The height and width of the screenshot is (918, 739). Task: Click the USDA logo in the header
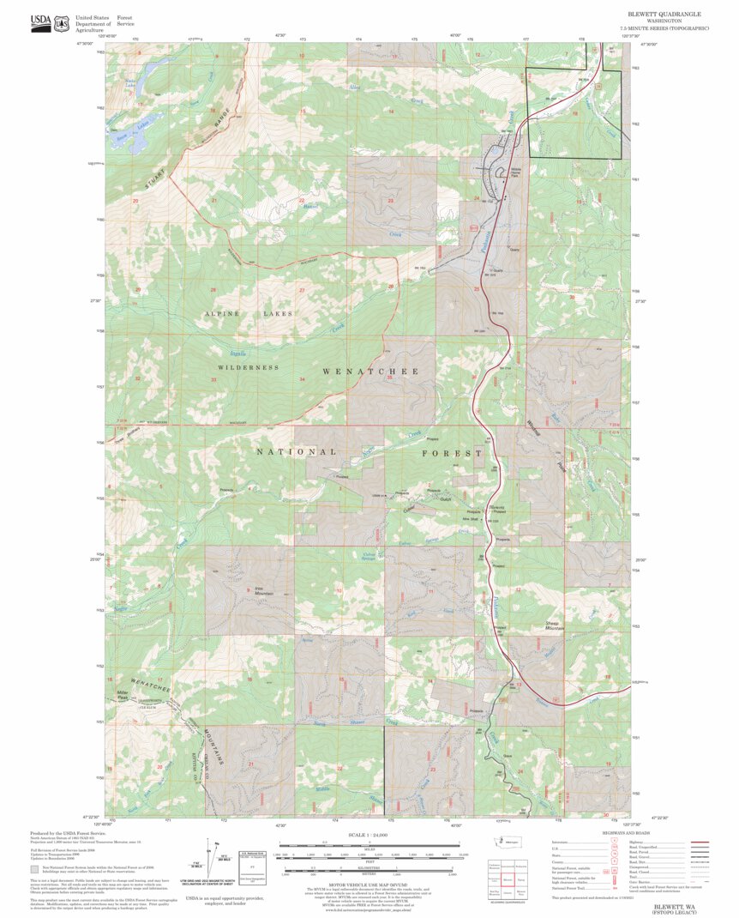(x=40, y=23)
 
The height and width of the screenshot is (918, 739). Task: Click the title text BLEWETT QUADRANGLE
(x=670, y=15)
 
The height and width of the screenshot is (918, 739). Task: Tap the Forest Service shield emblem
(x=61, y=23)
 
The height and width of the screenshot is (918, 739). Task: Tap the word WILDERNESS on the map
(x=248, y=367)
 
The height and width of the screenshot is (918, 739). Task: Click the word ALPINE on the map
(x=220, y=314)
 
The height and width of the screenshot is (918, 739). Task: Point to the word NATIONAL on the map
(x=297, y=451)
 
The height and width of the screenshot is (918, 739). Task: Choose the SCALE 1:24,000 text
(x=369, y=834)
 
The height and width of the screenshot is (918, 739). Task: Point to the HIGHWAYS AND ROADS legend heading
(x=625, y=833)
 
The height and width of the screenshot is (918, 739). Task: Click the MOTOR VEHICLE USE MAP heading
(x=369, y=888)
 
